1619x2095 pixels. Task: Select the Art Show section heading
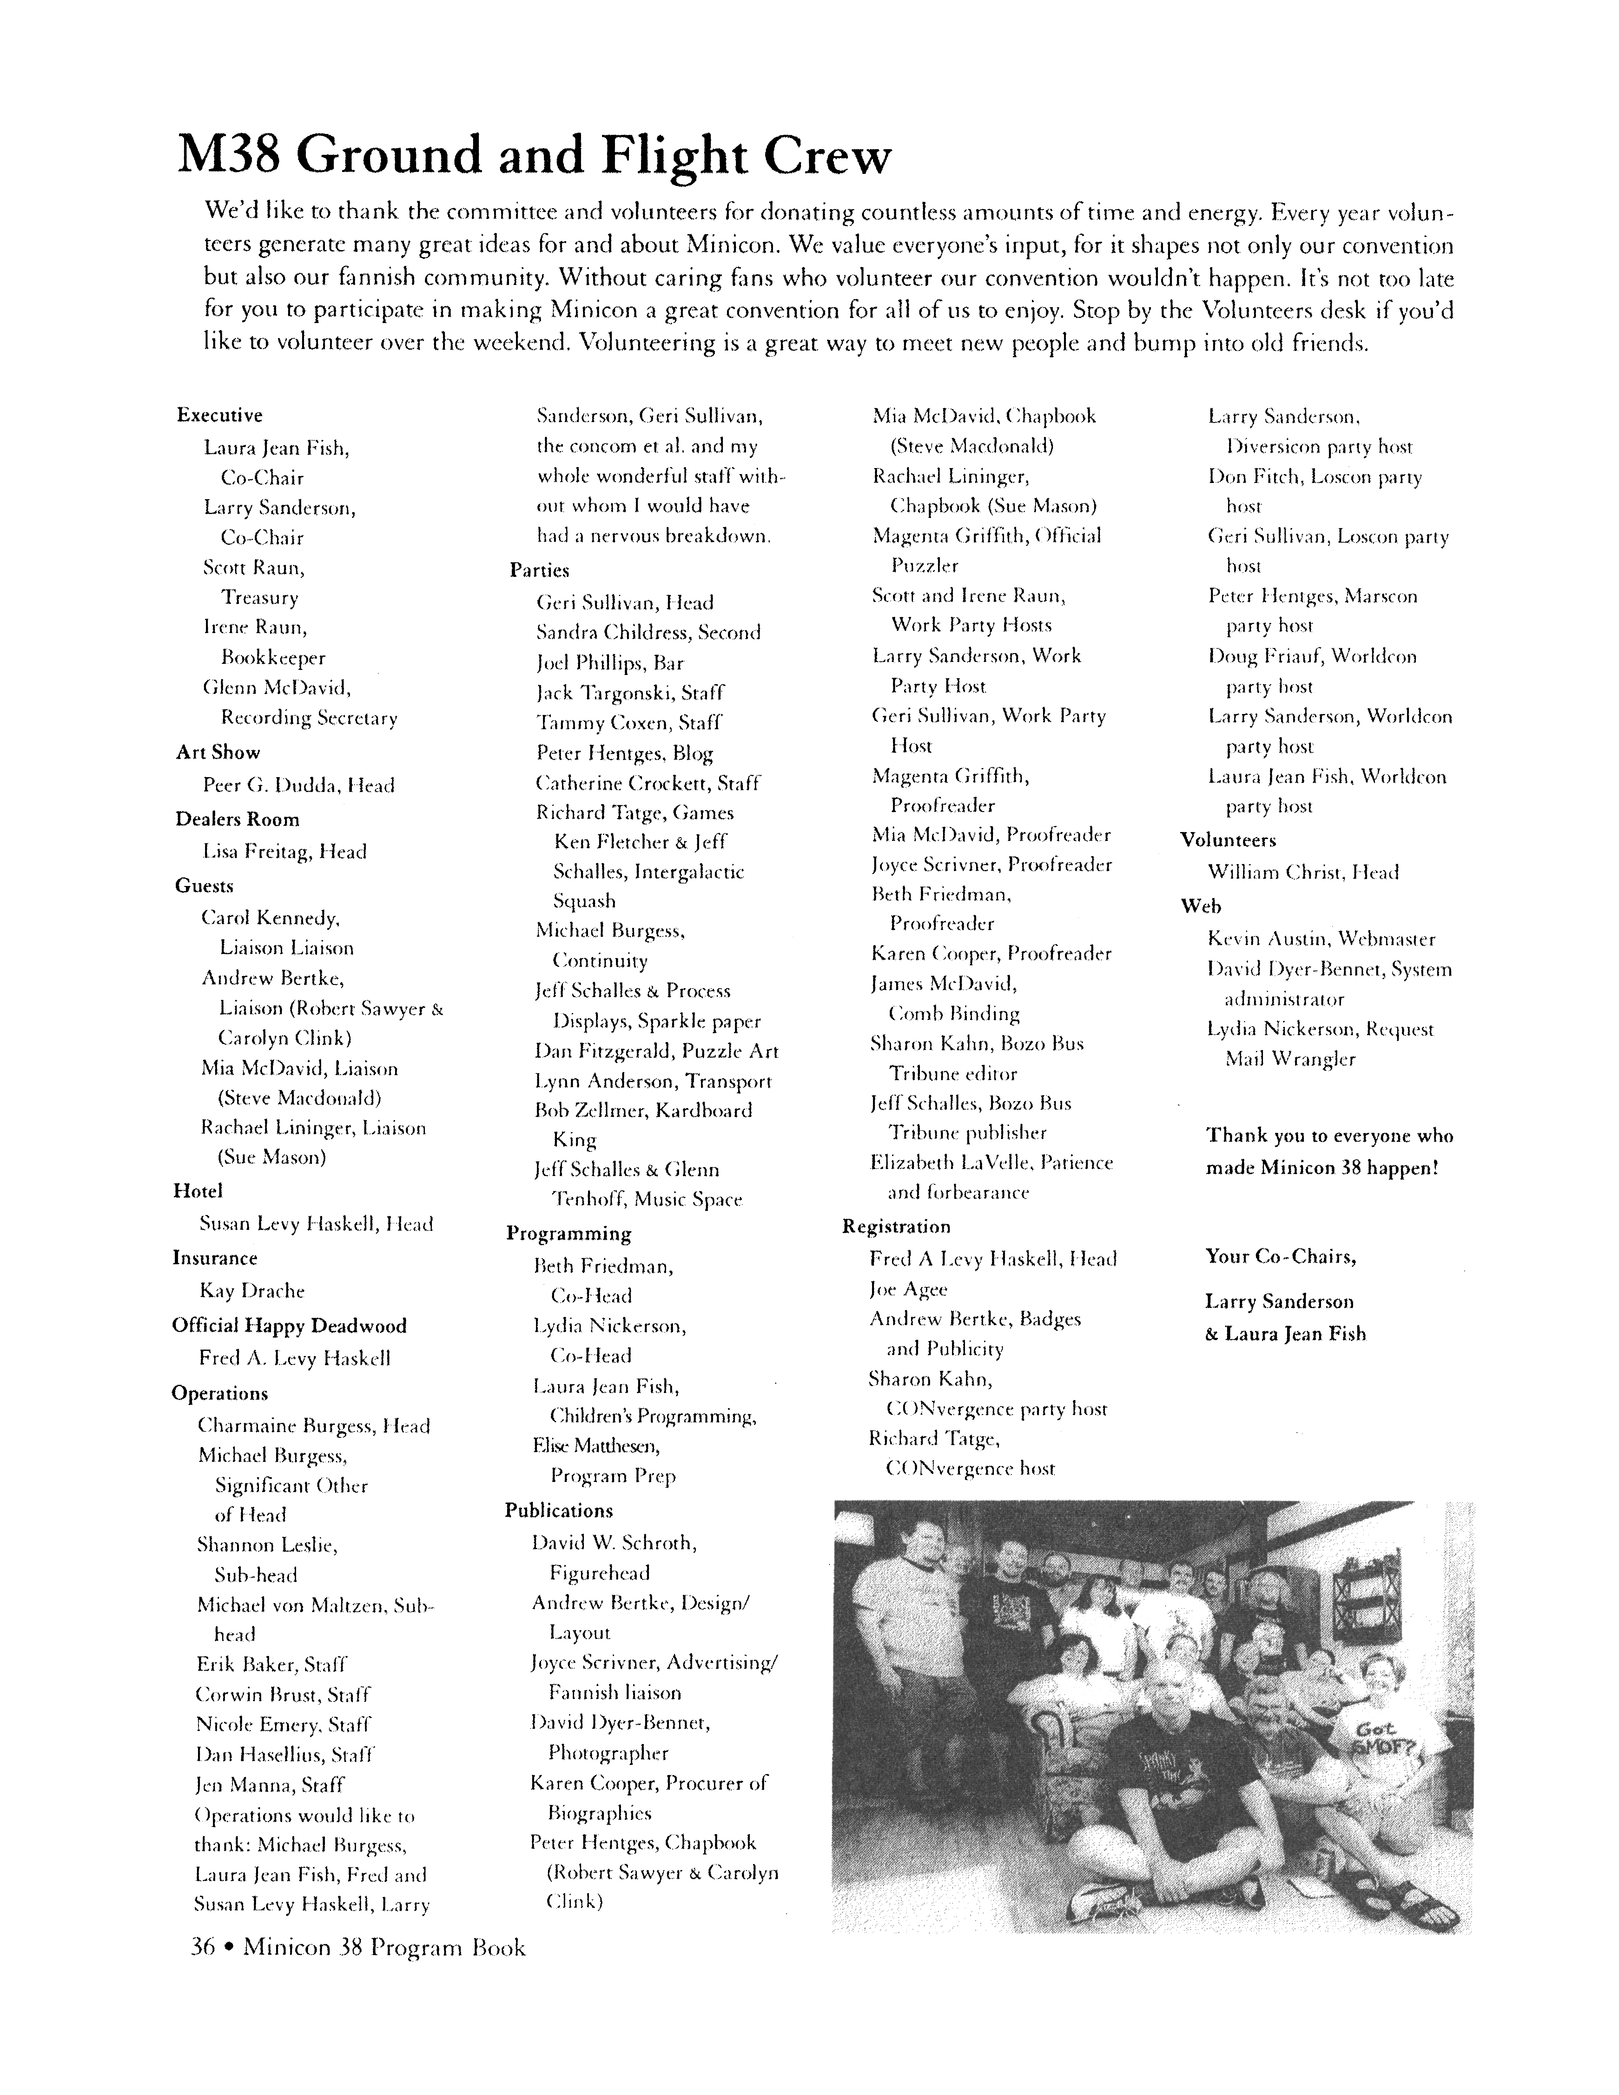pyautogui.click(x=218, y=752)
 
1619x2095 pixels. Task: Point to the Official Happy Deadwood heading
pyautogui.click(x=289, y=1326)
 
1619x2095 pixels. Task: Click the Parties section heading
pyautogui.click(x=539, y=570)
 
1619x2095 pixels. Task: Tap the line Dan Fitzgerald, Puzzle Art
pyautogui.click(x=656, y=1050)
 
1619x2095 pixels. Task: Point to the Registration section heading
pyautogui.click(x=896, y=1226)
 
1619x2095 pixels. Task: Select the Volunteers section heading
pyautogui.click(x=1228, y=840)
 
